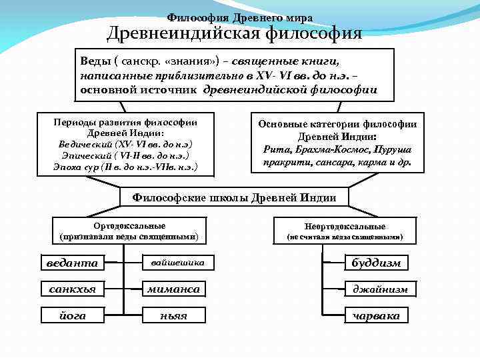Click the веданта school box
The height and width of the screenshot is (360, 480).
click(x=72, y=263)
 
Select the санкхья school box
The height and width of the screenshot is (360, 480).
click(x=72, y=289)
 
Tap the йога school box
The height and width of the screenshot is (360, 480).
click(x=72, y=315)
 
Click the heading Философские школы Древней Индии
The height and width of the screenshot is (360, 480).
click(x=235, y=198)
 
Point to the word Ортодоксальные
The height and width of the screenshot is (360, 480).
click(x=129, y=226)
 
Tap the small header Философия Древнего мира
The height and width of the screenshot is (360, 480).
click(x=239, y=17)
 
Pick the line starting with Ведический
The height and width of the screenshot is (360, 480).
click(x=125, y=144)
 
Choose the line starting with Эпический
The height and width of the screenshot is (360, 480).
click(x=125, y=155)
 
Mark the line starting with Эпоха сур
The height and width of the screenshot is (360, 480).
click(x=125, y=165)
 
